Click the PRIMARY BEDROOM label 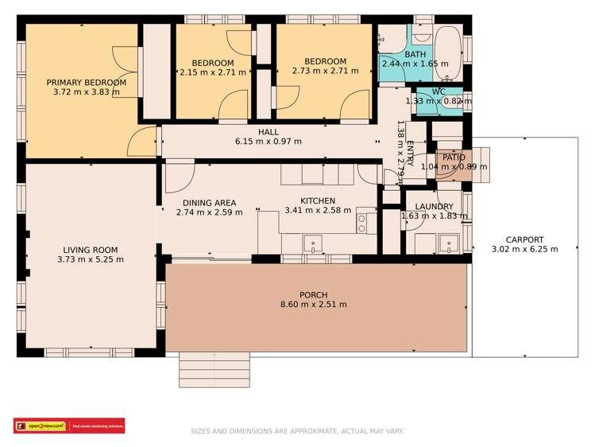coord(86,82)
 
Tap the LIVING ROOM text coord(91,250)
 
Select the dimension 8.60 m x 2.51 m coord(313,305)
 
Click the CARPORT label coord(525,239)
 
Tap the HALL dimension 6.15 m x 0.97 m coord(268,142)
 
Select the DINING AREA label coord(209,203)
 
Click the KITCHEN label coord(317,200)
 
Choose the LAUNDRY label coord(434,207)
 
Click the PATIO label coord(454,157)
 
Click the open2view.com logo coord(41,426)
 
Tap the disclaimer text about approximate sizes coord(297,431)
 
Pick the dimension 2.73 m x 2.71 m coord(325,71)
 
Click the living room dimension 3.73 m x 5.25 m coord(91,259)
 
